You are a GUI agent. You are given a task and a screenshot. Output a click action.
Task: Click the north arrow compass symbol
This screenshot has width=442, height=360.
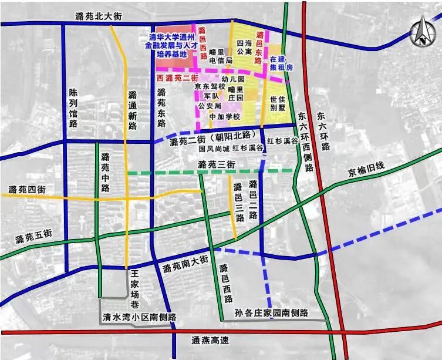coord(421,32)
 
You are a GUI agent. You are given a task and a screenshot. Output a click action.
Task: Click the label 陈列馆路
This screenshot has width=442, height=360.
coord(73,108)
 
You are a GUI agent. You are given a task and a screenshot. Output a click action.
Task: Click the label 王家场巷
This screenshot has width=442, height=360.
coord(134,281)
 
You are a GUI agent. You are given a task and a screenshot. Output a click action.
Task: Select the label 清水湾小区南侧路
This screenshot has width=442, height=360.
coord(139,317)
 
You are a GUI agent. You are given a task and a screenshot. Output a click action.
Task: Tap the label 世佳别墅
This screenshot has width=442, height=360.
coord(276,104)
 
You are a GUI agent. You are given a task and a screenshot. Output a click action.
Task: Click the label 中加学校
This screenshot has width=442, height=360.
coord(225,116)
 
